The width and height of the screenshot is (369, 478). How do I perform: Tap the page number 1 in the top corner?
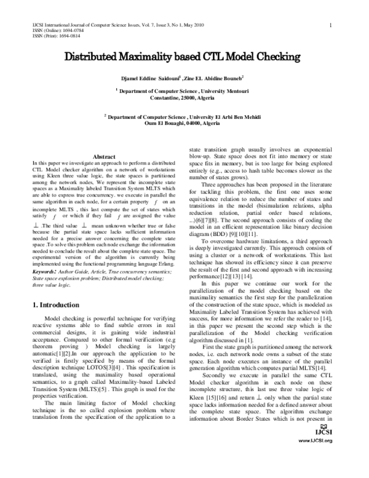click(331, 25)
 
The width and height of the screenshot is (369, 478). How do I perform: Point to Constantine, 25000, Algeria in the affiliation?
click(184, 98)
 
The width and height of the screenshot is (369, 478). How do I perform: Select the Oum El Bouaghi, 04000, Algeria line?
click(184, 123)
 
